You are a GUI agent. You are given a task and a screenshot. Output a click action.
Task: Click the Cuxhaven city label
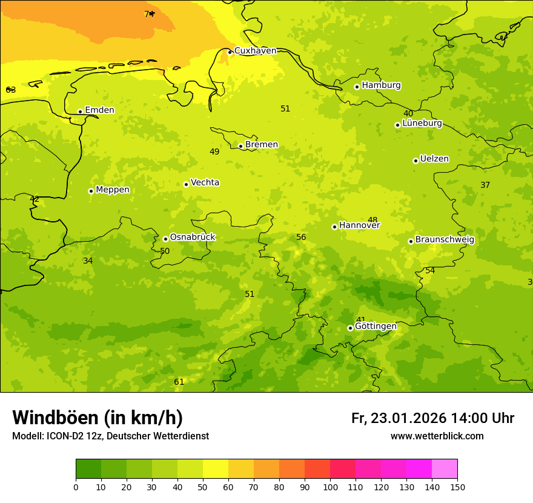point(255,51)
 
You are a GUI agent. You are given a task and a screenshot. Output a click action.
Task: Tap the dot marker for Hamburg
point(357,87)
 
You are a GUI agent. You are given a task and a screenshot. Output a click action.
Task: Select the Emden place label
point(99,110)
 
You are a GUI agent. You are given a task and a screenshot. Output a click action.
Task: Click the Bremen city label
point(262,145)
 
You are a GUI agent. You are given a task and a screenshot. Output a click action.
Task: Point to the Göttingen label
point(376,327)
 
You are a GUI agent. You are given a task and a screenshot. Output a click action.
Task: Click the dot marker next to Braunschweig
point(411,241)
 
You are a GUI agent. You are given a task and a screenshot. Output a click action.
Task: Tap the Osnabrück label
point(193,238)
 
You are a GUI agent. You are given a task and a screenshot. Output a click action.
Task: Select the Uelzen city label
point(434,159)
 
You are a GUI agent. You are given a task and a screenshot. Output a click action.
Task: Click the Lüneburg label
point(422,124)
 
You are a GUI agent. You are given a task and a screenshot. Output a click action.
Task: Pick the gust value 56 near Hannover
point(301,238)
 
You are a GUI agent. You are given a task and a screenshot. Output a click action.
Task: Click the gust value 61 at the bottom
point(179,382)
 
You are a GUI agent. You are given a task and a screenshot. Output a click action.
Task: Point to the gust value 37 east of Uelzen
point(485,185)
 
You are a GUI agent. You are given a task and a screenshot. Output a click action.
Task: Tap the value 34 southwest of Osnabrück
point(88,261)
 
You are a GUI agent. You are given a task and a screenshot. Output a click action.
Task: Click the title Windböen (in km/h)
point(98,418)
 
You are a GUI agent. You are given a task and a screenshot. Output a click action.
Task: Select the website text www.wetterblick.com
point(437,436)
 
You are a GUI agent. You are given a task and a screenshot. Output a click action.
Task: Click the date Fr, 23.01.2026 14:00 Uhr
point(432,418)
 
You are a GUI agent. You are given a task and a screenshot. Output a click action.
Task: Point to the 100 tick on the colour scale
point(330,487)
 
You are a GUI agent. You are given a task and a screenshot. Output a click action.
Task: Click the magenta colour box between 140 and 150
point(445,468)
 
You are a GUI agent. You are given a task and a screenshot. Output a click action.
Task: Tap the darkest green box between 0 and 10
point(88,468)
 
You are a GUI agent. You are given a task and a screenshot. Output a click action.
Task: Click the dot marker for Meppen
point(91,191)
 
